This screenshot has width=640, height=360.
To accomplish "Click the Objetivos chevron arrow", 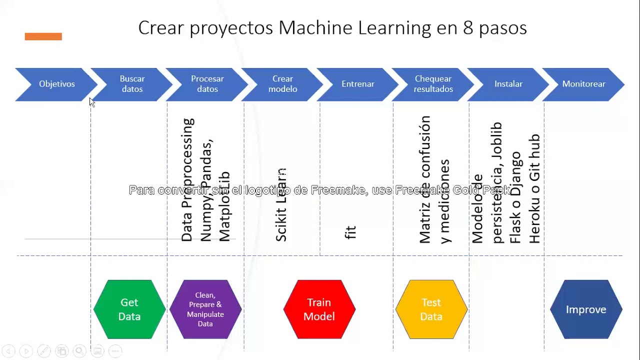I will [56, 84].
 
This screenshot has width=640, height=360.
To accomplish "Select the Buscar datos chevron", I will [132, 84].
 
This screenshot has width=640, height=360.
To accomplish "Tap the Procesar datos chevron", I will [207, 84].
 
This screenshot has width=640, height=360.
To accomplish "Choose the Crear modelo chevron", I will [283, 84].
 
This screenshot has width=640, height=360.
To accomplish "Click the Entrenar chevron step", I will [358, 84].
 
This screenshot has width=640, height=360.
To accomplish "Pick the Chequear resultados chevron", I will [433, 84].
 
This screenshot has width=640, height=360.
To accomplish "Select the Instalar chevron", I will [508, 84].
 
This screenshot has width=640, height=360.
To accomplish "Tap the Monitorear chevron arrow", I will [584, 84].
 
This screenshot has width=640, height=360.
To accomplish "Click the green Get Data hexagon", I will [129, 309].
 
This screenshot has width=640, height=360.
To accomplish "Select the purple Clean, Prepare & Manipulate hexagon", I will [205, 309].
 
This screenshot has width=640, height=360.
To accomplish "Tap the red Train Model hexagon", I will [319, 309].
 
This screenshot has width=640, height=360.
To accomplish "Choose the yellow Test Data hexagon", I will [431, 309].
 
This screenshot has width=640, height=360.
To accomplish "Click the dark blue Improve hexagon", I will [586, 309].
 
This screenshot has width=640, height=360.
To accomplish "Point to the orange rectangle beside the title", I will [43, 36].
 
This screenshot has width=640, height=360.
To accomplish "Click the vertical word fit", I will [350, 232].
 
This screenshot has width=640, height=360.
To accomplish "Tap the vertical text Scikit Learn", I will [281, 205].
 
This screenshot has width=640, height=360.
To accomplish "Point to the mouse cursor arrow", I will [91, 102].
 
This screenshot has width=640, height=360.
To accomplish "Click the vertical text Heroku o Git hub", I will [534, 188].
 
